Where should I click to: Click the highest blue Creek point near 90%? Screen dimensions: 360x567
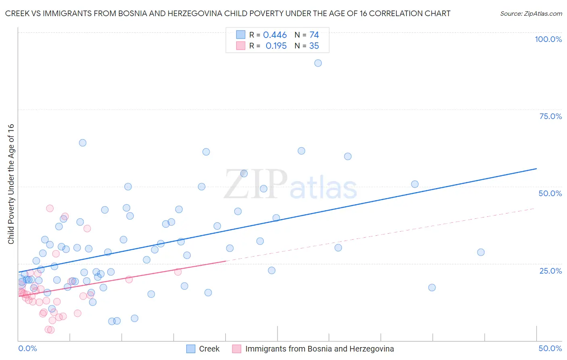318,63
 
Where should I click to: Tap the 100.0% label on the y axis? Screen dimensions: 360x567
548,39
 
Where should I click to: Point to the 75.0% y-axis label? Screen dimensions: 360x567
550,116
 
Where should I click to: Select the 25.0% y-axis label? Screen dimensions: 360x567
550,270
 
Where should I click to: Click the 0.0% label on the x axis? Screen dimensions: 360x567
27,348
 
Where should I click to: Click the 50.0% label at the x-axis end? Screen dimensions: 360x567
550,348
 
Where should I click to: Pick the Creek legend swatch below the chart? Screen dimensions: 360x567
191,349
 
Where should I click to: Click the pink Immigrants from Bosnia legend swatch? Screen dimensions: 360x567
237,349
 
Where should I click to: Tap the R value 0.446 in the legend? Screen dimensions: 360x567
275,35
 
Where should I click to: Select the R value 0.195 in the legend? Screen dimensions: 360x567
276,46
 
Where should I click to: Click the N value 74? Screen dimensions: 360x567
314,35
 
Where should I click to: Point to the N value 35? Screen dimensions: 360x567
314,46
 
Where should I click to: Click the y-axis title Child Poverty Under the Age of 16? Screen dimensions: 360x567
11,184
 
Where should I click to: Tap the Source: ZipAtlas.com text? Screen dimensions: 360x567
531,14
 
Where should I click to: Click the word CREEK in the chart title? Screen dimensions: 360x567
19,14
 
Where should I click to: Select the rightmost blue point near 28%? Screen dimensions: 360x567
481,252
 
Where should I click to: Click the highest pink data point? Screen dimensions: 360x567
50,208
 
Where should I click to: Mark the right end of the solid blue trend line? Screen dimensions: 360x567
536,169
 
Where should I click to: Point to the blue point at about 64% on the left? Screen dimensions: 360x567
83,142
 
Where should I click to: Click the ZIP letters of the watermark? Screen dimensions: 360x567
256,184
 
